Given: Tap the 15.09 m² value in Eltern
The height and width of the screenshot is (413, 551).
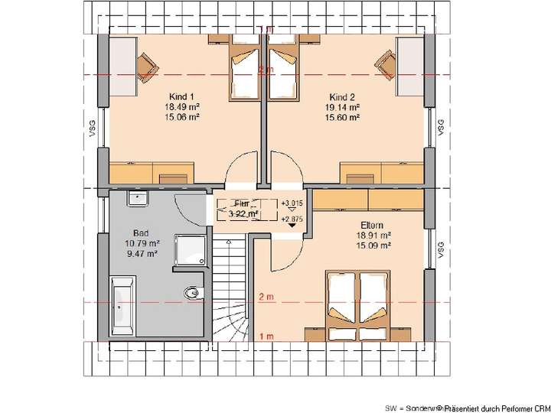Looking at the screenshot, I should coord(375,246).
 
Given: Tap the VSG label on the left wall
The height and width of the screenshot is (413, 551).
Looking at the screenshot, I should coord(90,128).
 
